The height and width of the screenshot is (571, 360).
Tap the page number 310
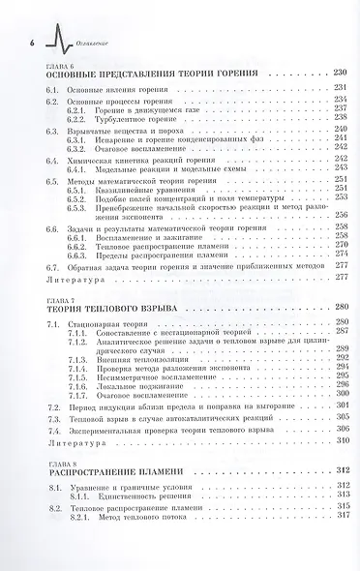point(340,439)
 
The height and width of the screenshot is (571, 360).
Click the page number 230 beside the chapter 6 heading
point(339,74)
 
